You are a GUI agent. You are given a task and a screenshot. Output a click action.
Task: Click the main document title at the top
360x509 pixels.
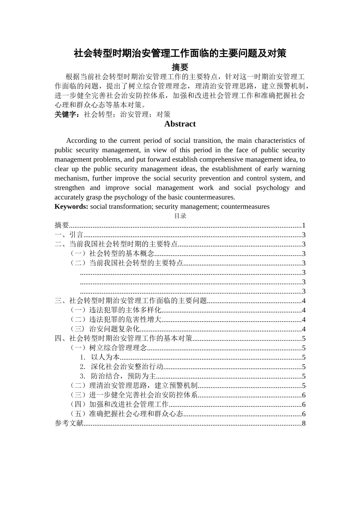(180, 53)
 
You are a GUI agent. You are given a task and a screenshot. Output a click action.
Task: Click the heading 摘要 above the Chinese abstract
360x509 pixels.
(180, 67)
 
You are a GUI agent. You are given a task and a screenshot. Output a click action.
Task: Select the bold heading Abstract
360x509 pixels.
(180, 124)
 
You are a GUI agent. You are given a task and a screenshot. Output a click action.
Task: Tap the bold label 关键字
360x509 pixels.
(67, 114)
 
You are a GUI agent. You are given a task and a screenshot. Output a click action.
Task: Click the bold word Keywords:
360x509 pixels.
(71, 207)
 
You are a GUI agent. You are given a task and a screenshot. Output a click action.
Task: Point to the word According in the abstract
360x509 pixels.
(81, 141)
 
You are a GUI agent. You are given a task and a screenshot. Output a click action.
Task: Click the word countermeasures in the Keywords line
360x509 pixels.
(245, 207)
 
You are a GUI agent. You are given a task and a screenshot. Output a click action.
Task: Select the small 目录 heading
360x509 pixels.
(180, 216)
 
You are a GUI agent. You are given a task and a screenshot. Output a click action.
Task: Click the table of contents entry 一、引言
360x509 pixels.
(69, 235)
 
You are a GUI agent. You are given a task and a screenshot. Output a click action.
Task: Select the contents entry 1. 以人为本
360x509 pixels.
(100, 357)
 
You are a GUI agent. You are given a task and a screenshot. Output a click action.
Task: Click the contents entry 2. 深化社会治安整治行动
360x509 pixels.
(122, 367)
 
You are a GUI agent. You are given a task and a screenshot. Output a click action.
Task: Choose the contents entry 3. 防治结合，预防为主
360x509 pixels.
(118, 376)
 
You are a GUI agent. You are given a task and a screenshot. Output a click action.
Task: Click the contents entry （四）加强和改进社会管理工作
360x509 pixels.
(119, 404)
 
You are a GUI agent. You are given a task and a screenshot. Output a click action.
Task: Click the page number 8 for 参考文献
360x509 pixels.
(304, 423)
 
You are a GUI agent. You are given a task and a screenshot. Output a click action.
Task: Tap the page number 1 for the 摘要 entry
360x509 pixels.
(304, 225)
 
